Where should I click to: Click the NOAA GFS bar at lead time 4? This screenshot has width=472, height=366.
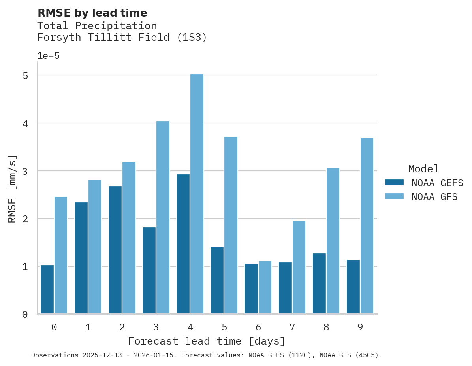tap(197, 194)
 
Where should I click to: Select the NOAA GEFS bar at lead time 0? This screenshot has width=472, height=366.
tap(47, 289)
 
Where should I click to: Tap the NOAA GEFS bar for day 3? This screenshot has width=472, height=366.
tap(149, 270)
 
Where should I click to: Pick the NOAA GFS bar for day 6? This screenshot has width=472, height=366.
tap(265, 287)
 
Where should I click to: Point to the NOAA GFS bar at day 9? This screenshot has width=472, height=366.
tap(367, 226)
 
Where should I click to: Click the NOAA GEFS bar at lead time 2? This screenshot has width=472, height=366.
tap(115, 250)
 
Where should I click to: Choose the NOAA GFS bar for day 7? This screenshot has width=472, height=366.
tap(299, 267)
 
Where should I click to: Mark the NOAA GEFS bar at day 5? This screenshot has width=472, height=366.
tap(217, 280)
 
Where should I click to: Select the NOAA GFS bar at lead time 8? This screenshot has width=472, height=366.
tap(333, 241)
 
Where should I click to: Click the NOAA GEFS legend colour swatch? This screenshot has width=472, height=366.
tap(394, 183)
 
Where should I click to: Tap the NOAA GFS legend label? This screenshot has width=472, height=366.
tap(434, 197)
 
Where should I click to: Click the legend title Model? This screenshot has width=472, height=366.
tap(423, 169)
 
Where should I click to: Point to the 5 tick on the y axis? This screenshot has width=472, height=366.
tap(25, 75)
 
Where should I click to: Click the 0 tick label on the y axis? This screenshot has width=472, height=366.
tap(25, 315)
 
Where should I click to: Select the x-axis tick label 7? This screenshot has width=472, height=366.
tap(292, 327)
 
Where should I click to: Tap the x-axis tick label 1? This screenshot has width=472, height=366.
tap(88, 327)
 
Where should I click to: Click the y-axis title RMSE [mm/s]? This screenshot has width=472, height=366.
tap(13, 189)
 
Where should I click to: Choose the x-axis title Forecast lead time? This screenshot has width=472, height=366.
tap(207, 341)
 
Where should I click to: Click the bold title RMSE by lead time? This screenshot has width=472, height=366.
tap(92, 13)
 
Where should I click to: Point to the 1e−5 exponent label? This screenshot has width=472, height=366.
tap(48, 56)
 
